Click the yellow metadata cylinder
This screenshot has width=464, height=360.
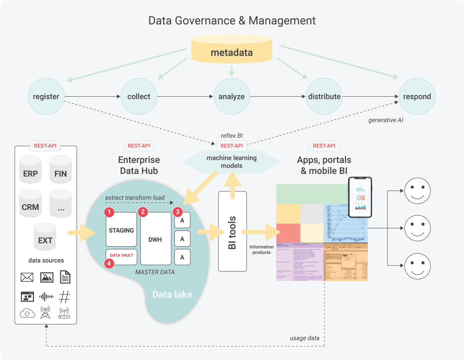[x=232, y=50]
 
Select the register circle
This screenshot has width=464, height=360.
[x=46, y=97]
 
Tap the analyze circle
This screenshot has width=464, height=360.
[x=231, y=97]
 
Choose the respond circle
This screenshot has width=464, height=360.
[x=417, y=97]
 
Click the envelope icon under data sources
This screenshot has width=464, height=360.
[x=27, y=277]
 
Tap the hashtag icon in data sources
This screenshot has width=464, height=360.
[x=64, y=297]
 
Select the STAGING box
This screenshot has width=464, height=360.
[x=121, y=230]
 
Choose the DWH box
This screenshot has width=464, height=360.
[x=155, y=239]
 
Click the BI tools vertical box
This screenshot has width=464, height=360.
[x=232, y=231]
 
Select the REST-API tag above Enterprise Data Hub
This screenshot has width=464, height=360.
[x=139, y=146]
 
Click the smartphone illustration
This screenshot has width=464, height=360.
[x=360, y=197]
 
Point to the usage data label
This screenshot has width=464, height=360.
[x=304, y=338]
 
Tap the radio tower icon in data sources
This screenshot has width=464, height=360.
[x=45, y=312]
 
